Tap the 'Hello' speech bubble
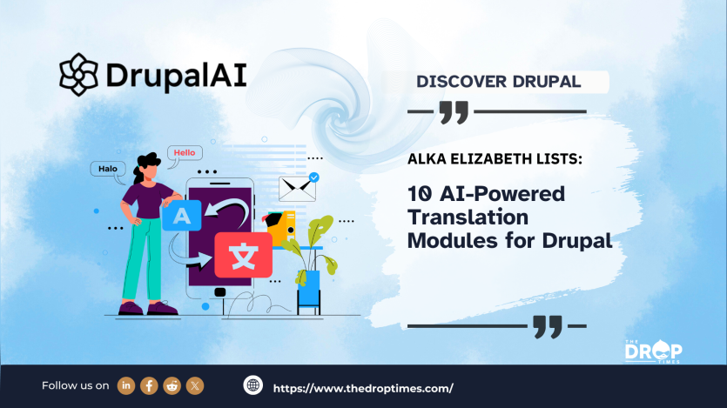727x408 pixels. pos(185,152)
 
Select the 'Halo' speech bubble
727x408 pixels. pos(107,169)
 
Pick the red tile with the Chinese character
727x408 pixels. pos(243,255)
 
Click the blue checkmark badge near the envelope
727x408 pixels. pos(313,177)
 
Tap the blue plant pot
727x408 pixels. pos(308,288)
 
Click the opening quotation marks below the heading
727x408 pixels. pos(454,111)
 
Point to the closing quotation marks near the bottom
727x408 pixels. pos(547,327)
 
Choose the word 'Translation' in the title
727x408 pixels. pos(471,217)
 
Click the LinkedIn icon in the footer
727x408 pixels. pos(126,385)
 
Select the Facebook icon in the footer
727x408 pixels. pos(149,385)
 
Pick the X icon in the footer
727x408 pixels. pos(195,385)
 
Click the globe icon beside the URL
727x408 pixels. pos(253,385)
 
